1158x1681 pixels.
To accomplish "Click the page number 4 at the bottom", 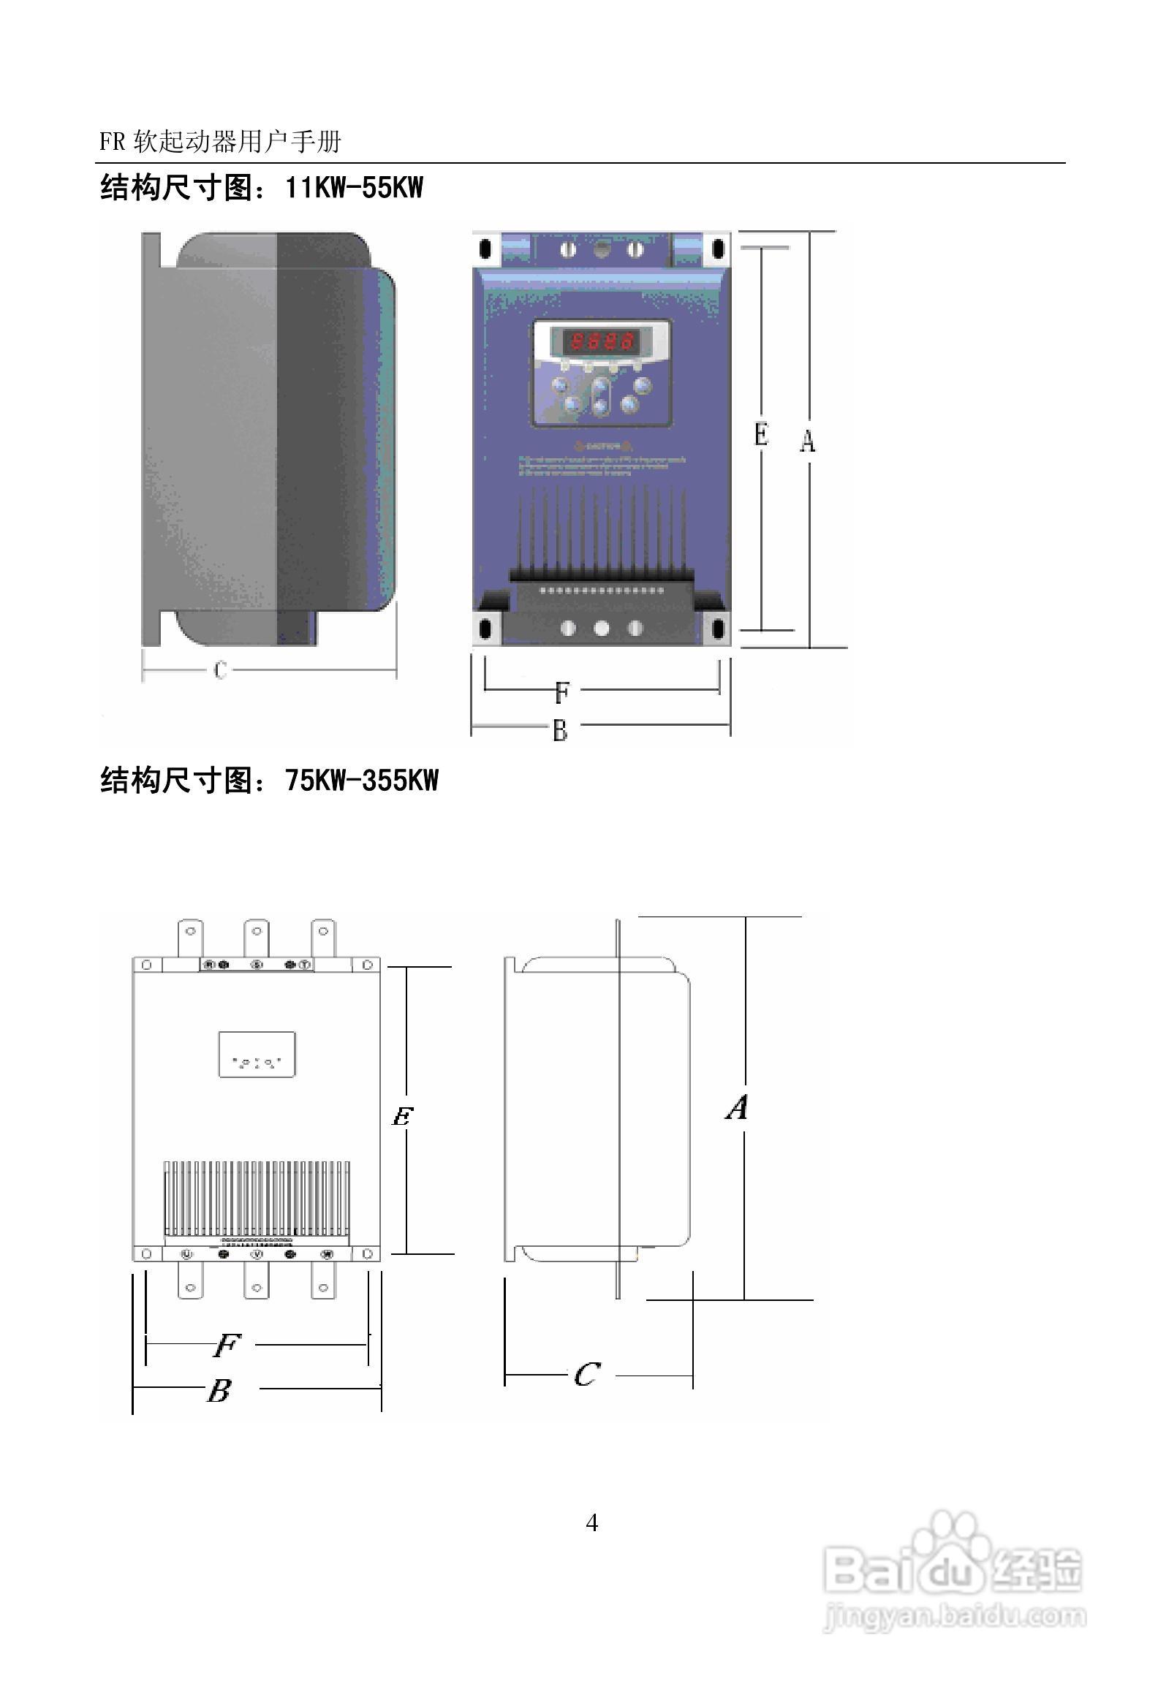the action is (592, 1522).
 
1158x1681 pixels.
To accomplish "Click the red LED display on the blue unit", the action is (601, 341).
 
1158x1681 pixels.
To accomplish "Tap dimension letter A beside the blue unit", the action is (807, 441).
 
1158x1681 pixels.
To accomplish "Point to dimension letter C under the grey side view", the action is (220, 669).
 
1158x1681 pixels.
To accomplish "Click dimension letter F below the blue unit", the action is (561, 691).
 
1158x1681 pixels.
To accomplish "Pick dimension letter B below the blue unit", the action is (560, 729).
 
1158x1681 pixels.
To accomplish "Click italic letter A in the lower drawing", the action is (738, 1107).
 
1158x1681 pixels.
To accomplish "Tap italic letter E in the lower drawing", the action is (402, 1116).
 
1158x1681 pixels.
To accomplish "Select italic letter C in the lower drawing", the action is (587, 1375).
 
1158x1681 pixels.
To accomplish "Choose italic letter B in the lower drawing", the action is (219, 1390).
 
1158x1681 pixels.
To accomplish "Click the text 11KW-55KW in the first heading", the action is (354, 188).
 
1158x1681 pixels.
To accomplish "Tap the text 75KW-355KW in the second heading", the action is (362, 781).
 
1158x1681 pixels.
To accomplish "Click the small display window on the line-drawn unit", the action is (257, 1054).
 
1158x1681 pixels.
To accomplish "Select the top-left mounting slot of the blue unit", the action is (485, 248).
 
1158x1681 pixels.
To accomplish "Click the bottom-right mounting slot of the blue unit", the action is (718, 628).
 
